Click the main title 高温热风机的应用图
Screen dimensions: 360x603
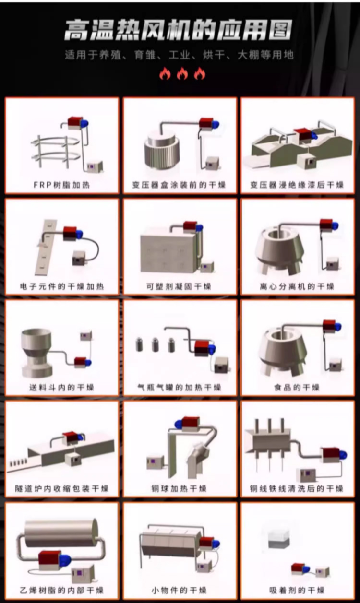[x=179, y=30]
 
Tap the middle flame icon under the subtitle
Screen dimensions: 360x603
[x=182, y=73]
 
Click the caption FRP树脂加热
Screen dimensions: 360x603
[x=61, y=185]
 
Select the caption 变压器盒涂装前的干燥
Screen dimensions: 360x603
[x=179, y=185]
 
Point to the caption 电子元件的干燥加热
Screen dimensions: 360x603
[x=62, y=286]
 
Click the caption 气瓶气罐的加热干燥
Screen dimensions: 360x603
[x=179, y=388]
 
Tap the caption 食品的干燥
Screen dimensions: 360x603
[x=297, y=388]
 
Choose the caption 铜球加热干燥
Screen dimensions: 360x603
[x=179, y=489]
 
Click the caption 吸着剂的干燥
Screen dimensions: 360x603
[x=297, y=591]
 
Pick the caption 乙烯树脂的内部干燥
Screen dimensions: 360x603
[x=61, y=591]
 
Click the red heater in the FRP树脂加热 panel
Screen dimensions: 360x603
[x=75, y=122]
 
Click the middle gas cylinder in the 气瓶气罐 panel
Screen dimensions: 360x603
[x=156, y=344]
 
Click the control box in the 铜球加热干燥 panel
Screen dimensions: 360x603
[x=155, y=463]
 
